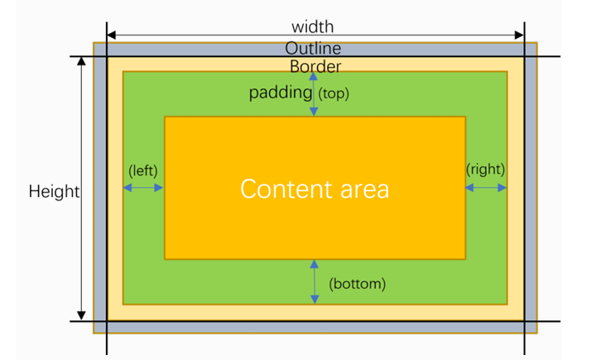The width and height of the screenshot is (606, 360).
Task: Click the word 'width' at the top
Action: (313, 27)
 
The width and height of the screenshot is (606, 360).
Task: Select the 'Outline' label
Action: (313, 49)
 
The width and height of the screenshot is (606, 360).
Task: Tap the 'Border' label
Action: (315, 66)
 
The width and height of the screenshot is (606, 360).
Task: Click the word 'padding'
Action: (281, 93)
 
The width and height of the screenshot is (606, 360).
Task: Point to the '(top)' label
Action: (334, 94)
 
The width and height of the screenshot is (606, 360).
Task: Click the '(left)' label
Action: (142, 170)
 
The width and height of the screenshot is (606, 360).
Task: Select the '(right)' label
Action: (485, 169)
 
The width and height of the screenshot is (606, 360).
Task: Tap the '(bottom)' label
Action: (358, 284)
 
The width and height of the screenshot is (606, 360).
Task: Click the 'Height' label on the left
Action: (54, 192)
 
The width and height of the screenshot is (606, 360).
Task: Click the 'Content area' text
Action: (315, 189)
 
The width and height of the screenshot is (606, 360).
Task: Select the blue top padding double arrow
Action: (314, 94)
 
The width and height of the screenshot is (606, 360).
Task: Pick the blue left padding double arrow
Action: (143, 188)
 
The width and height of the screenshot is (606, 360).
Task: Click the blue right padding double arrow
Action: (486, 188)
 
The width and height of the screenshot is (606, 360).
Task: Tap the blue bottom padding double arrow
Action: (314, 281)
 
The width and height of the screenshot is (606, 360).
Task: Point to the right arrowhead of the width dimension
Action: (520, 36)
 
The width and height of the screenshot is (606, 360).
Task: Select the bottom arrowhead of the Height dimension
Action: (81, 315)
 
